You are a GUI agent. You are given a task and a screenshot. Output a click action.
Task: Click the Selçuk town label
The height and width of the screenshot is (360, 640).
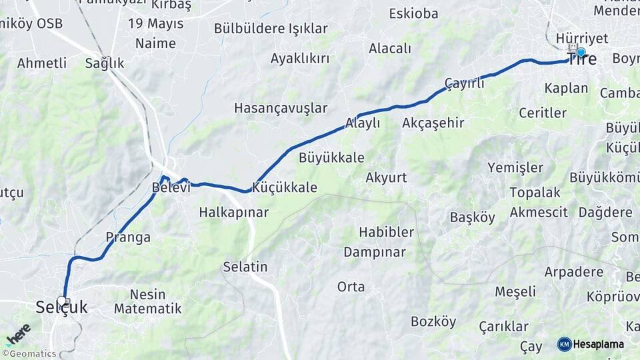point(61,307)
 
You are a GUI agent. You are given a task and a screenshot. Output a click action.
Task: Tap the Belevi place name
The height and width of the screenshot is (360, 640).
point(171,188)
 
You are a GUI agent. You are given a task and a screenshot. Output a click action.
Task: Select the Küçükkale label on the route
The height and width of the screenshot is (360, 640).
point(285,187)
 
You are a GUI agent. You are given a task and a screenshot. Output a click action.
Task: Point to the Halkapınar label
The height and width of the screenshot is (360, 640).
point(233,213)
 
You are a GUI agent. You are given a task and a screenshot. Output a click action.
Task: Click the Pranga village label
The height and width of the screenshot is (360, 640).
point(128,237)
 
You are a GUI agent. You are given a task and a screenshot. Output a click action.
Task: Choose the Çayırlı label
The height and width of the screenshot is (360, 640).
point(465,83)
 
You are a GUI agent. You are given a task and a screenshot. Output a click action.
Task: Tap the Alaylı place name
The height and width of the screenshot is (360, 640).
point(363,123)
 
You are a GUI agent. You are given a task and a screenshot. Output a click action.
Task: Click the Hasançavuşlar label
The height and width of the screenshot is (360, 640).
point(281,108)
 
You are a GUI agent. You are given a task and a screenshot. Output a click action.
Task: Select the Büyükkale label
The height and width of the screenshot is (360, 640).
point(331,158)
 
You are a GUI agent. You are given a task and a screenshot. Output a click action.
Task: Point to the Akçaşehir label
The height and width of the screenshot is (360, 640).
point(433,123)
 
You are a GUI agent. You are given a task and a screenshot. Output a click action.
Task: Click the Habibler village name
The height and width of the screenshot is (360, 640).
point(387,232)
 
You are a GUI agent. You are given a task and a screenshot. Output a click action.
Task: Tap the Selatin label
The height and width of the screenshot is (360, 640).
point(245,267)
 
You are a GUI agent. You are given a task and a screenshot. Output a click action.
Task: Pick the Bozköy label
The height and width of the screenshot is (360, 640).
point(433,322)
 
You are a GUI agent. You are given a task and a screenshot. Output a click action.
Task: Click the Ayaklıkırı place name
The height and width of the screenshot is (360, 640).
point(300,59)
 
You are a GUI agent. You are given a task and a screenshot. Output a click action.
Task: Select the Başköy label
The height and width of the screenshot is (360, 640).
point(473,217)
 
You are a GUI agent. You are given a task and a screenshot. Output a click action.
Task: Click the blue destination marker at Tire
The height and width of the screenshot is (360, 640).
point(581,52)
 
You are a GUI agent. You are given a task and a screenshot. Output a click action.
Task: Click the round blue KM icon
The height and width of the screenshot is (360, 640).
point(564,344)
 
